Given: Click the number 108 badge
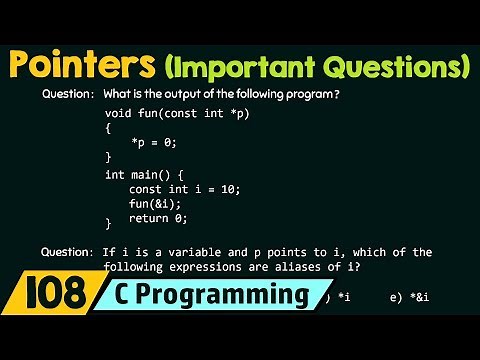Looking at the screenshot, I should pos(46,296).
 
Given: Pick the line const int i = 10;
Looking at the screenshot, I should pos(184,189).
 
